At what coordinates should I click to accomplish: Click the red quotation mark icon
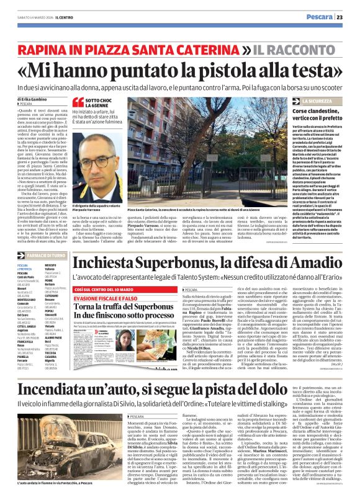pyautogui.click(x=78, y=102)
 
